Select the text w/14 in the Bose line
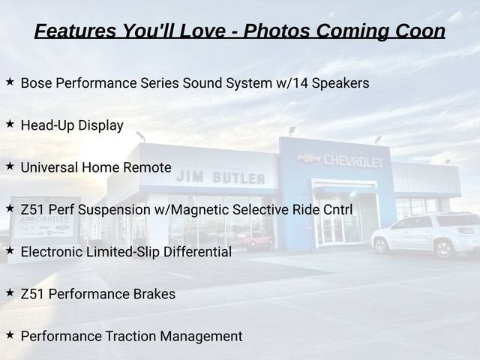click(292, 83)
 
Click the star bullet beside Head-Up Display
click(10, 124)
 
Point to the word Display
click(100, 126)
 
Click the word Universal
click(49, 167)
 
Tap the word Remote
click(147, 167)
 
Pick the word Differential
click(197, 252)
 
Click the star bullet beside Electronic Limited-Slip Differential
click(10, 250)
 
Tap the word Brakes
click(154, 294)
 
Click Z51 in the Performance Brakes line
click(33, 294)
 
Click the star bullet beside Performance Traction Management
click(10, 335)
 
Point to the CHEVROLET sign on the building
click(353, 161)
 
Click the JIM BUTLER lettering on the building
click(220, 177)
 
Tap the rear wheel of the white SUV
click(445, 248)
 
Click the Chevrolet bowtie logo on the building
click(309, 158)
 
